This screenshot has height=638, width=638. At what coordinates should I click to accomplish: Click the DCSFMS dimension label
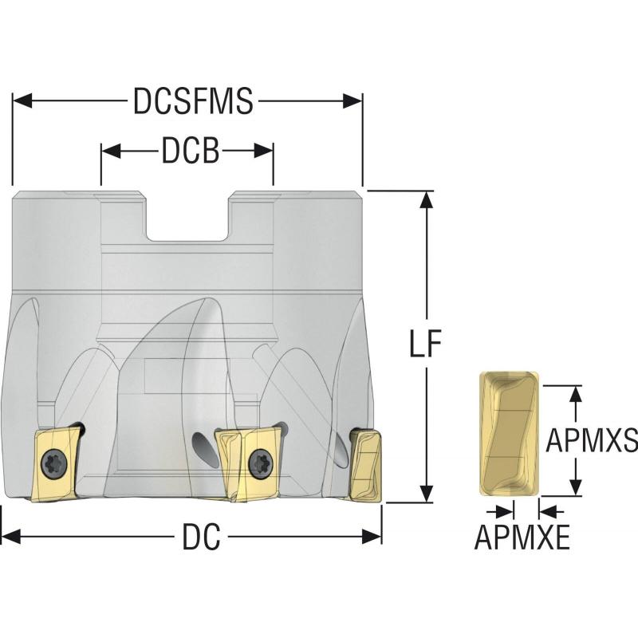(193, 102)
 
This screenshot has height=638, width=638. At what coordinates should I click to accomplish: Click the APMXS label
(591, 439)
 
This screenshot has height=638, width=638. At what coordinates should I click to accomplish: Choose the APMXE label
(522, 539)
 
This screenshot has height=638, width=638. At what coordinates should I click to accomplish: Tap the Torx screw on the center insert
(258, 460)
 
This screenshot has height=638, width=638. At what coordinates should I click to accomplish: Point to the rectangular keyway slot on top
(188, 216)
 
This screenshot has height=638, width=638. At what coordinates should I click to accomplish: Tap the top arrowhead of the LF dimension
(428, 201)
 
